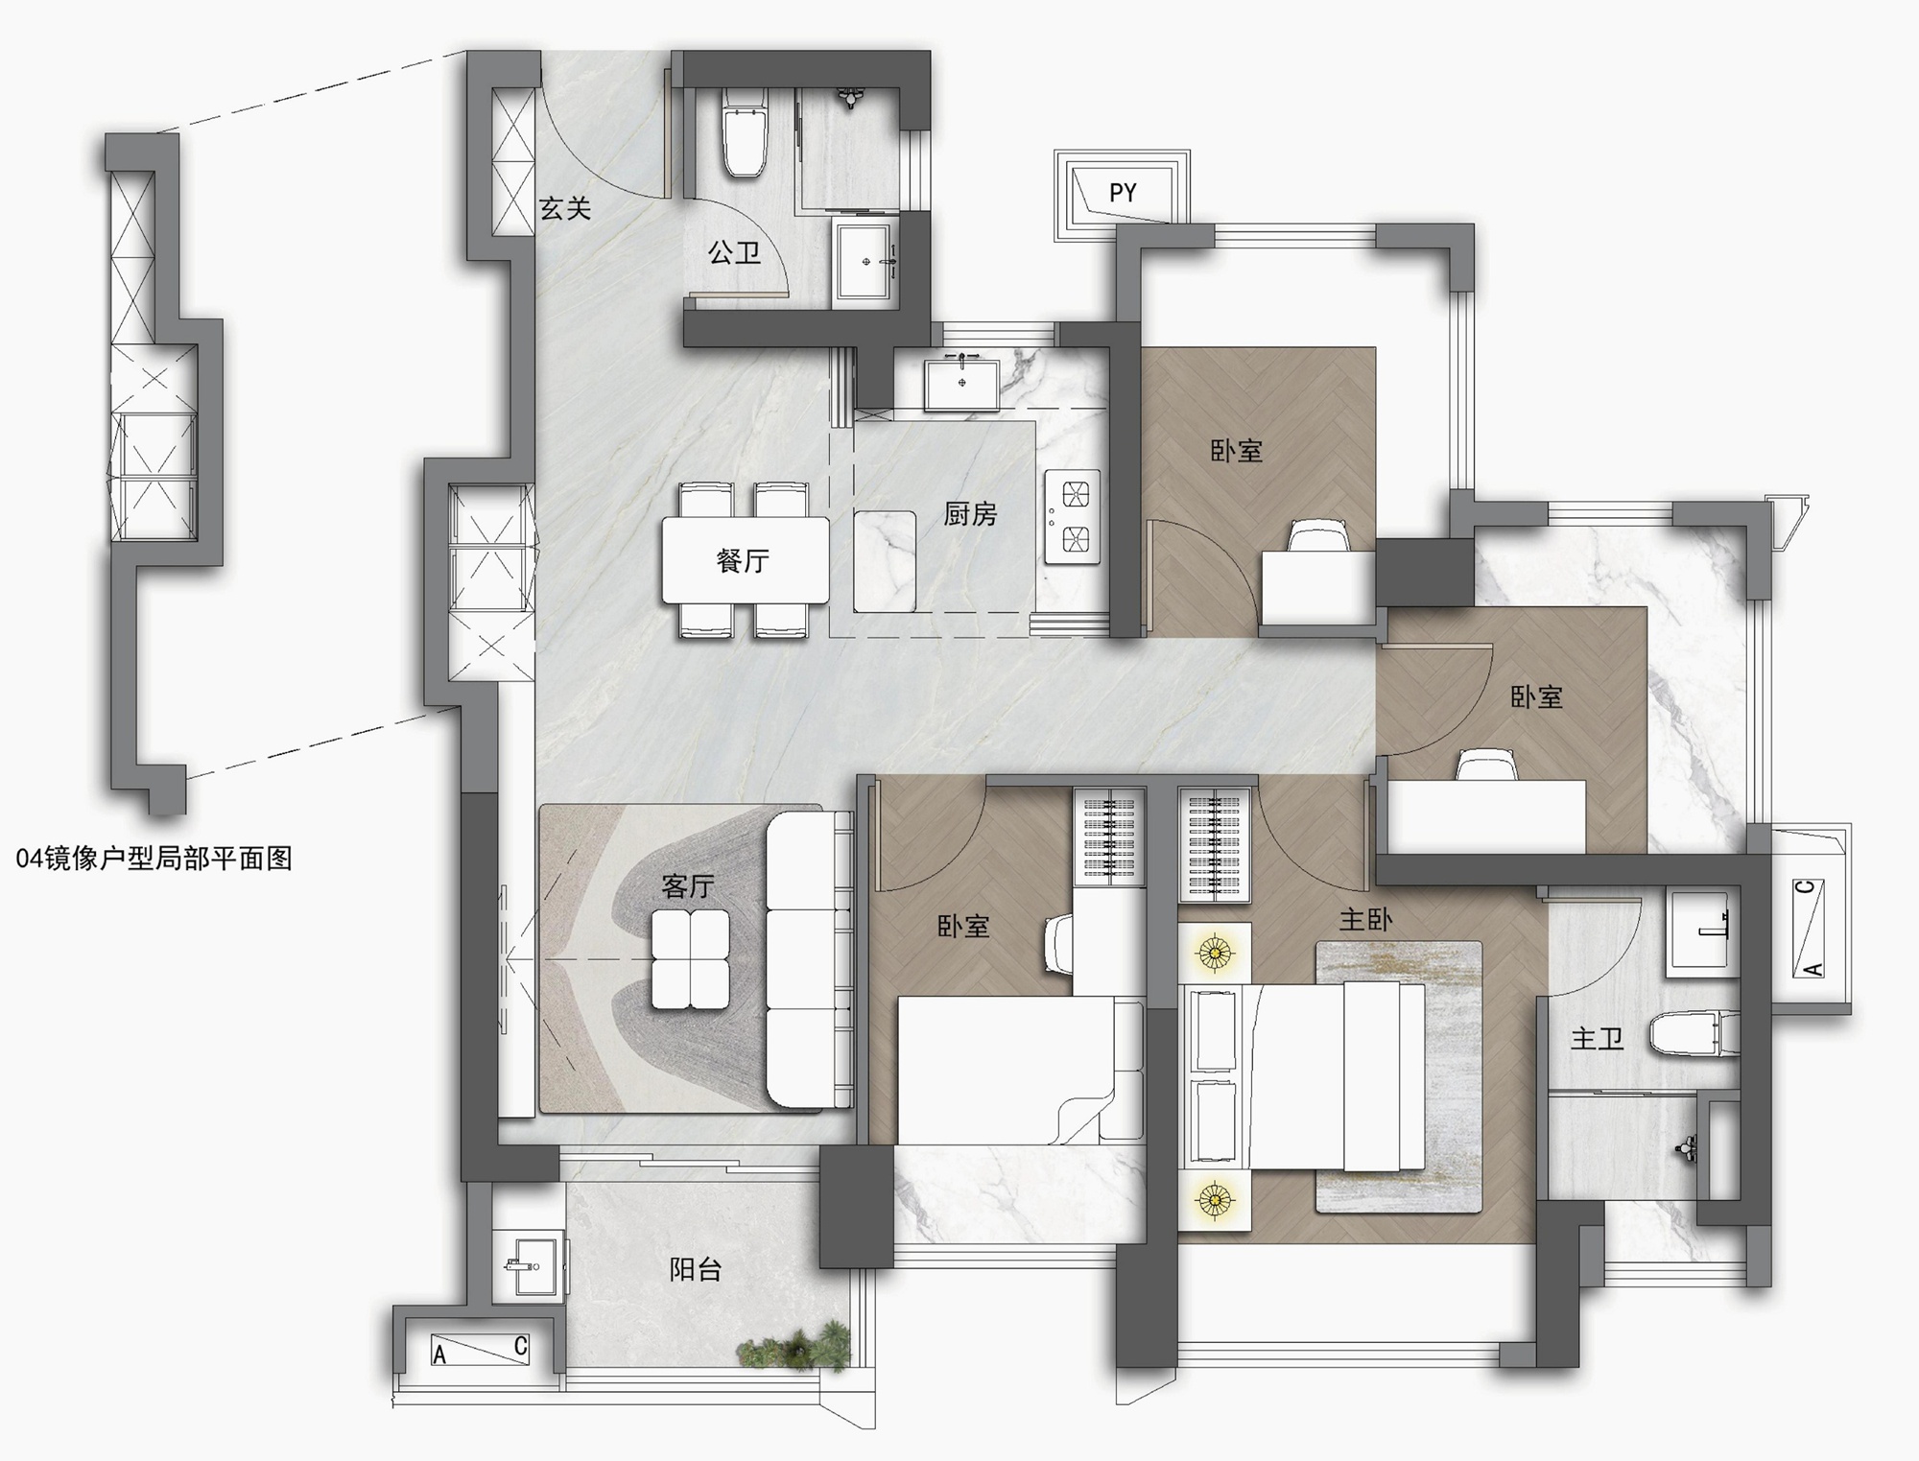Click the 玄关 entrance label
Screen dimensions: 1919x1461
[x=564, y=208]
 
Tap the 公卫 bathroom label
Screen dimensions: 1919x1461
[x=734, y=252]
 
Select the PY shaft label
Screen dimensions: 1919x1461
[x=1123, y=193]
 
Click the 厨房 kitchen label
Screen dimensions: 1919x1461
[x=970, y=514]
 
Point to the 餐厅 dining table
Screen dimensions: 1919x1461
[x=746, y=560]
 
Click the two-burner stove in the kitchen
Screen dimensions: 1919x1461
[x=1072, y=516]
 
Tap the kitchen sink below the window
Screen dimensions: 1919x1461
[x=961, y=383]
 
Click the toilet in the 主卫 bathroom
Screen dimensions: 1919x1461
[x=1694, y=1034]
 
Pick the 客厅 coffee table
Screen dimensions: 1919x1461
[x=690, y=958]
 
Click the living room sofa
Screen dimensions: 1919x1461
[x=809, y=959]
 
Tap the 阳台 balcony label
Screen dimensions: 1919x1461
[x=696, y=1270]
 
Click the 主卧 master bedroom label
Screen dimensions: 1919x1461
[x=1365, y=920]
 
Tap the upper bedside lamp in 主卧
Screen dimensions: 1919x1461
[x=1215, y=953]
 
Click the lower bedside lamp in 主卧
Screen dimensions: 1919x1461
[x=1215, y=1199]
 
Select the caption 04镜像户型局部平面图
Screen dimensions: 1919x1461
[x=154, y=859]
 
